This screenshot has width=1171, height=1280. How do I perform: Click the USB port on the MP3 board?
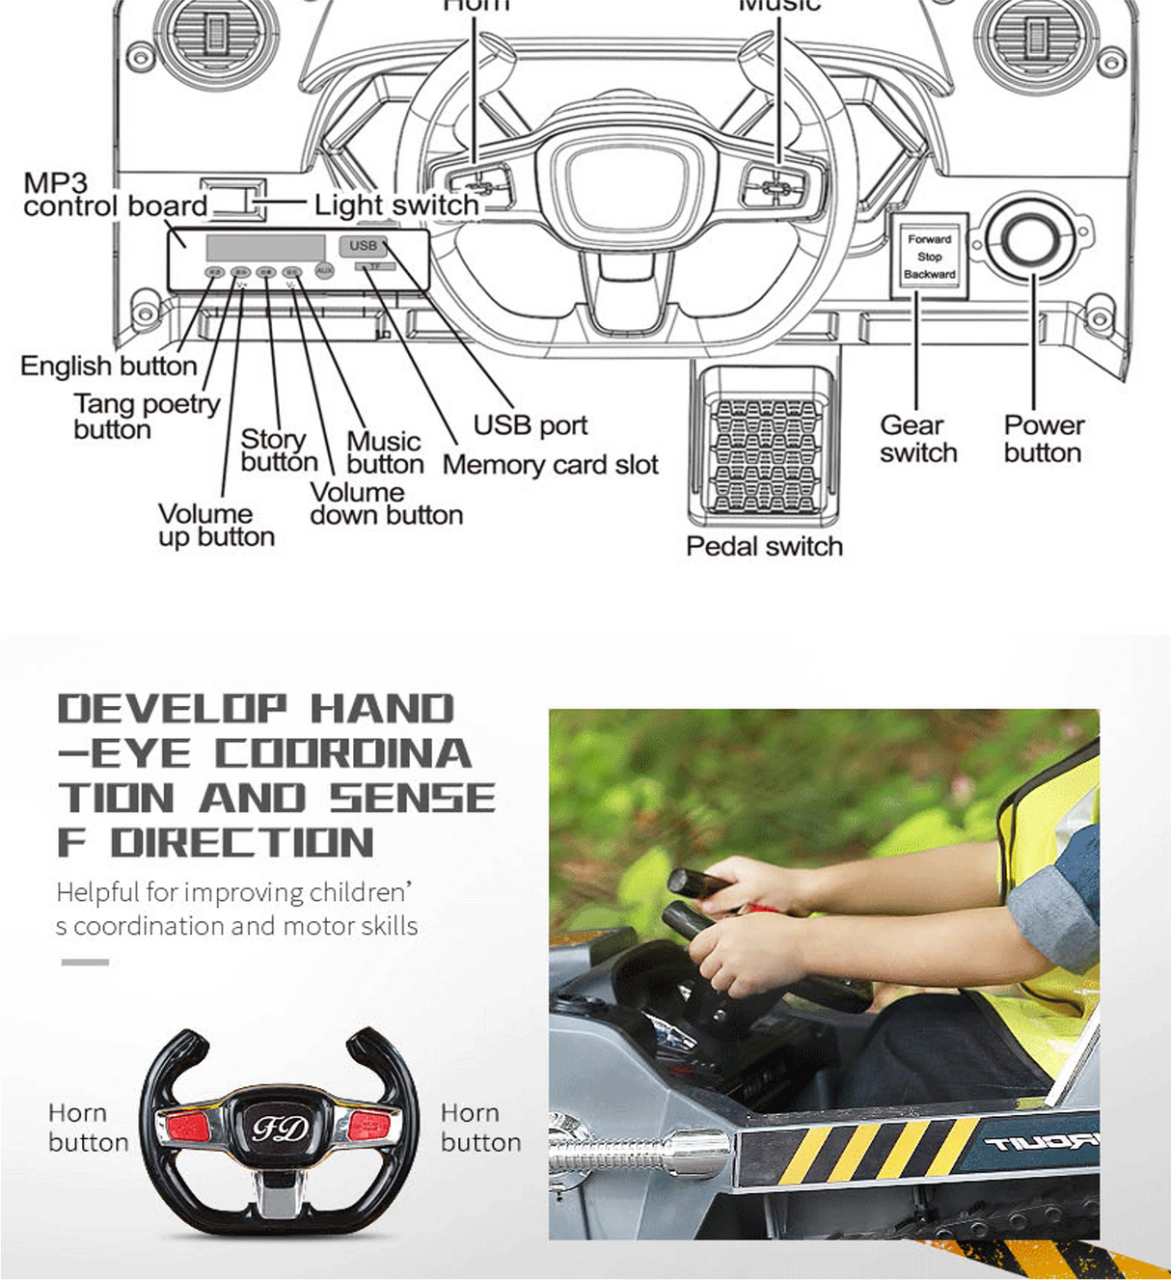coord(363,246)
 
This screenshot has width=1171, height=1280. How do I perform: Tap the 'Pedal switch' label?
coord(764,547)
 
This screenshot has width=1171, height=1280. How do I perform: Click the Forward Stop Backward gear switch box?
coord(929,257)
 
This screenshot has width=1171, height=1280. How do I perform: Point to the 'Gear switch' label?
coord(917,439)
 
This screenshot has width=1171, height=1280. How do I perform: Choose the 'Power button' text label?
coord(1044,439)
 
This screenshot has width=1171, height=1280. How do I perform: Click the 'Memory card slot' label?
coord(550,465)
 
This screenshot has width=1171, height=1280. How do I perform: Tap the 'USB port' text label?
coord(530,425)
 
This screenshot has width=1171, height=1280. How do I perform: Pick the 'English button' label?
coord(108,367)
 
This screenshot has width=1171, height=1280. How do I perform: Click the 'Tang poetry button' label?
coord(146,416)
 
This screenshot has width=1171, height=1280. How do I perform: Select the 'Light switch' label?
coord(395,205)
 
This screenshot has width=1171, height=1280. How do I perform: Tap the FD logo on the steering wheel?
coord(280,1129)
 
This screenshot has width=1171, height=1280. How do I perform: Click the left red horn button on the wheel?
coord(188,1127)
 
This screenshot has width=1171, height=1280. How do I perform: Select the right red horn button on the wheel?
coord(369,1124)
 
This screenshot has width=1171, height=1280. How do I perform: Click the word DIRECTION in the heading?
coord(242,843)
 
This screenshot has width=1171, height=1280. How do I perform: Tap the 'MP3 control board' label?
coord(114,195)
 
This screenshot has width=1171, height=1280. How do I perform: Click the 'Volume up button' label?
coord(216,526)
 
